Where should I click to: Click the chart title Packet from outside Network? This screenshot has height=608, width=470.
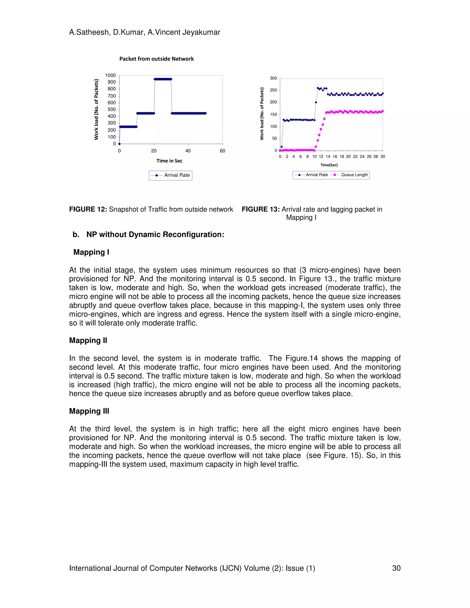point(157,59)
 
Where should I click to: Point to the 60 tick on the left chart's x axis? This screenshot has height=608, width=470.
point(222,151)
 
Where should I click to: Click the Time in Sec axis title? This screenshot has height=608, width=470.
point(169,161)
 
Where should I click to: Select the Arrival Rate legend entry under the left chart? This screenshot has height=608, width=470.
point(171,175)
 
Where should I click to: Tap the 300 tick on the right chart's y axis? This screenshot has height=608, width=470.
point(273,78)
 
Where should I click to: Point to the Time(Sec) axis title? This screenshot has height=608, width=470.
point(329,165)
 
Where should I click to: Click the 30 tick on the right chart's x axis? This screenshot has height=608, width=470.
point(383,156)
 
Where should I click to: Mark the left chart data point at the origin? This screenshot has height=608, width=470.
point(119,144)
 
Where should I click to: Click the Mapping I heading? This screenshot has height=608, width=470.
point(91,252)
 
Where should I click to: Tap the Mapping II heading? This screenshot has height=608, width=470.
point(88,340)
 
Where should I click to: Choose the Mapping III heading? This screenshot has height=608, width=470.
point(89,411)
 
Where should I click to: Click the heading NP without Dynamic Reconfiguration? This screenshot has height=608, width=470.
point(155,234)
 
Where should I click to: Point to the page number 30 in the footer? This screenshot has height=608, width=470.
point(396,568)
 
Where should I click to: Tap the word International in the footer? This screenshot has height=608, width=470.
point(90,568)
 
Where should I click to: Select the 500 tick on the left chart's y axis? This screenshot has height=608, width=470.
point(112,109)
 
